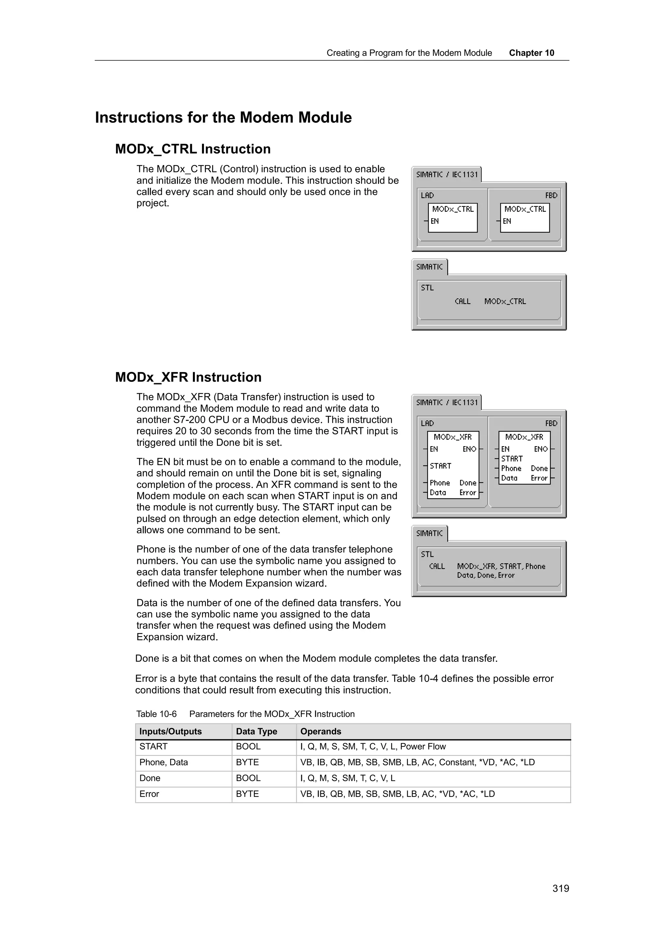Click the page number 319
click(560, 888)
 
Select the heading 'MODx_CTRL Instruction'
click(193, 149)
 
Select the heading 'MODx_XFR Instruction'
click(188, 377)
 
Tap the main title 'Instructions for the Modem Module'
click(223, 118)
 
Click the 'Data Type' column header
click(257, 732)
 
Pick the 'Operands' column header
click(320, 732)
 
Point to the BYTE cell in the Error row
click(247, 794)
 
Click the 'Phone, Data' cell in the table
click(163, 762)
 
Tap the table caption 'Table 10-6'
click(156, 714)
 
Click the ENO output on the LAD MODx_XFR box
click(469, 449)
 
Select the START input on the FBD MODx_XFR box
click(512, 458)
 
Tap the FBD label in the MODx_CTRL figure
click(551, 195)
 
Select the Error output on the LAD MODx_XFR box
click(468, 493)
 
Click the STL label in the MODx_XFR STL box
click(427, 554)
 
